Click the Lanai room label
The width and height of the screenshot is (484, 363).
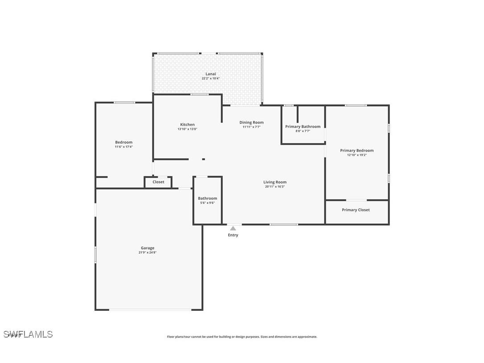point(210,74)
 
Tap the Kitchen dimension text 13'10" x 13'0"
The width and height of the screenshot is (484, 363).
point(187,129)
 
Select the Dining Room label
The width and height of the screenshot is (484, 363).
point(251,123)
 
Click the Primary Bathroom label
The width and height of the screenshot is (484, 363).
point(303,127)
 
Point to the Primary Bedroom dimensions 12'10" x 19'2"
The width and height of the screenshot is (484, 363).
point(357,155)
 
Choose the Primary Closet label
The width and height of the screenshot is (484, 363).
point(356,210)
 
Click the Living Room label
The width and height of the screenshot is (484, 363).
point(275,182)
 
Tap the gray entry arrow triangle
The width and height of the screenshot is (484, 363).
point(233,228)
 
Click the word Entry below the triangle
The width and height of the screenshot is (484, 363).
point(233,235)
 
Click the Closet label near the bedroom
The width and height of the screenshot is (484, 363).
point(158,182)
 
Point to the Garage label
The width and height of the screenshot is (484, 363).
point(148,248)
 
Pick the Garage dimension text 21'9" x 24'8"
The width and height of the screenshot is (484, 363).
point(148,252)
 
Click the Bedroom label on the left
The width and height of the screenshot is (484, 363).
point(123,142)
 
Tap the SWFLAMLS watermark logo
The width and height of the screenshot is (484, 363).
point(28,334)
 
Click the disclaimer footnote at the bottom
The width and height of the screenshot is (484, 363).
point(242,337)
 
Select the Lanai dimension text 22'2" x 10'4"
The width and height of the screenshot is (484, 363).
point(210,78)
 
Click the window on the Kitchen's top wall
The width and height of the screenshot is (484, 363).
point(199,95)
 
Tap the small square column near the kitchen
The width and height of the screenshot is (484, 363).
point(204,159)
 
